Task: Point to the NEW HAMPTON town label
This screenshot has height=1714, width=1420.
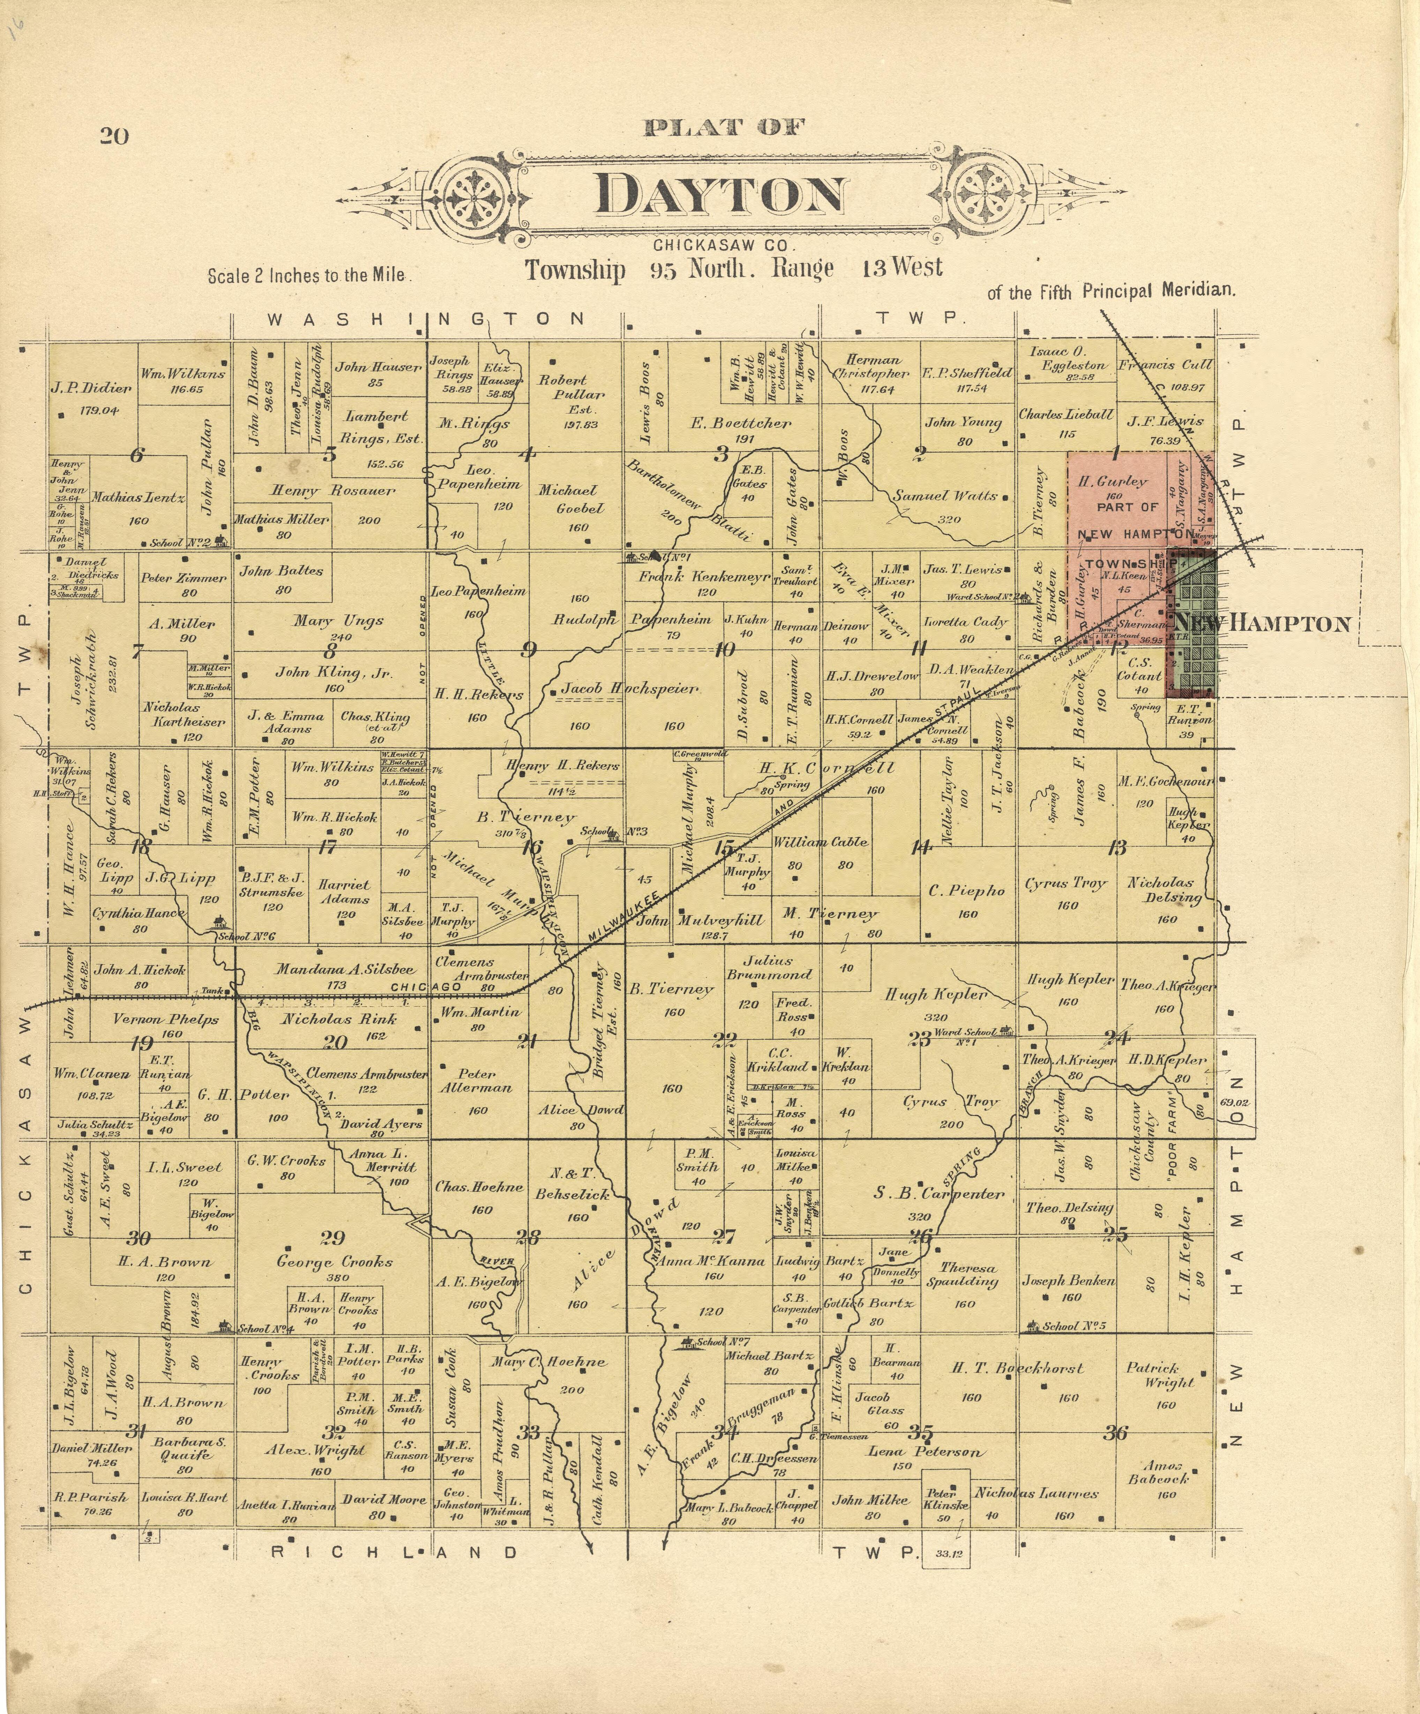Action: [1262, 624]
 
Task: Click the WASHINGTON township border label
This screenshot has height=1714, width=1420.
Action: [425, 319]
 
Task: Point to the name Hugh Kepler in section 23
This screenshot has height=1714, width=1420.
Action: [936, 995]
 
